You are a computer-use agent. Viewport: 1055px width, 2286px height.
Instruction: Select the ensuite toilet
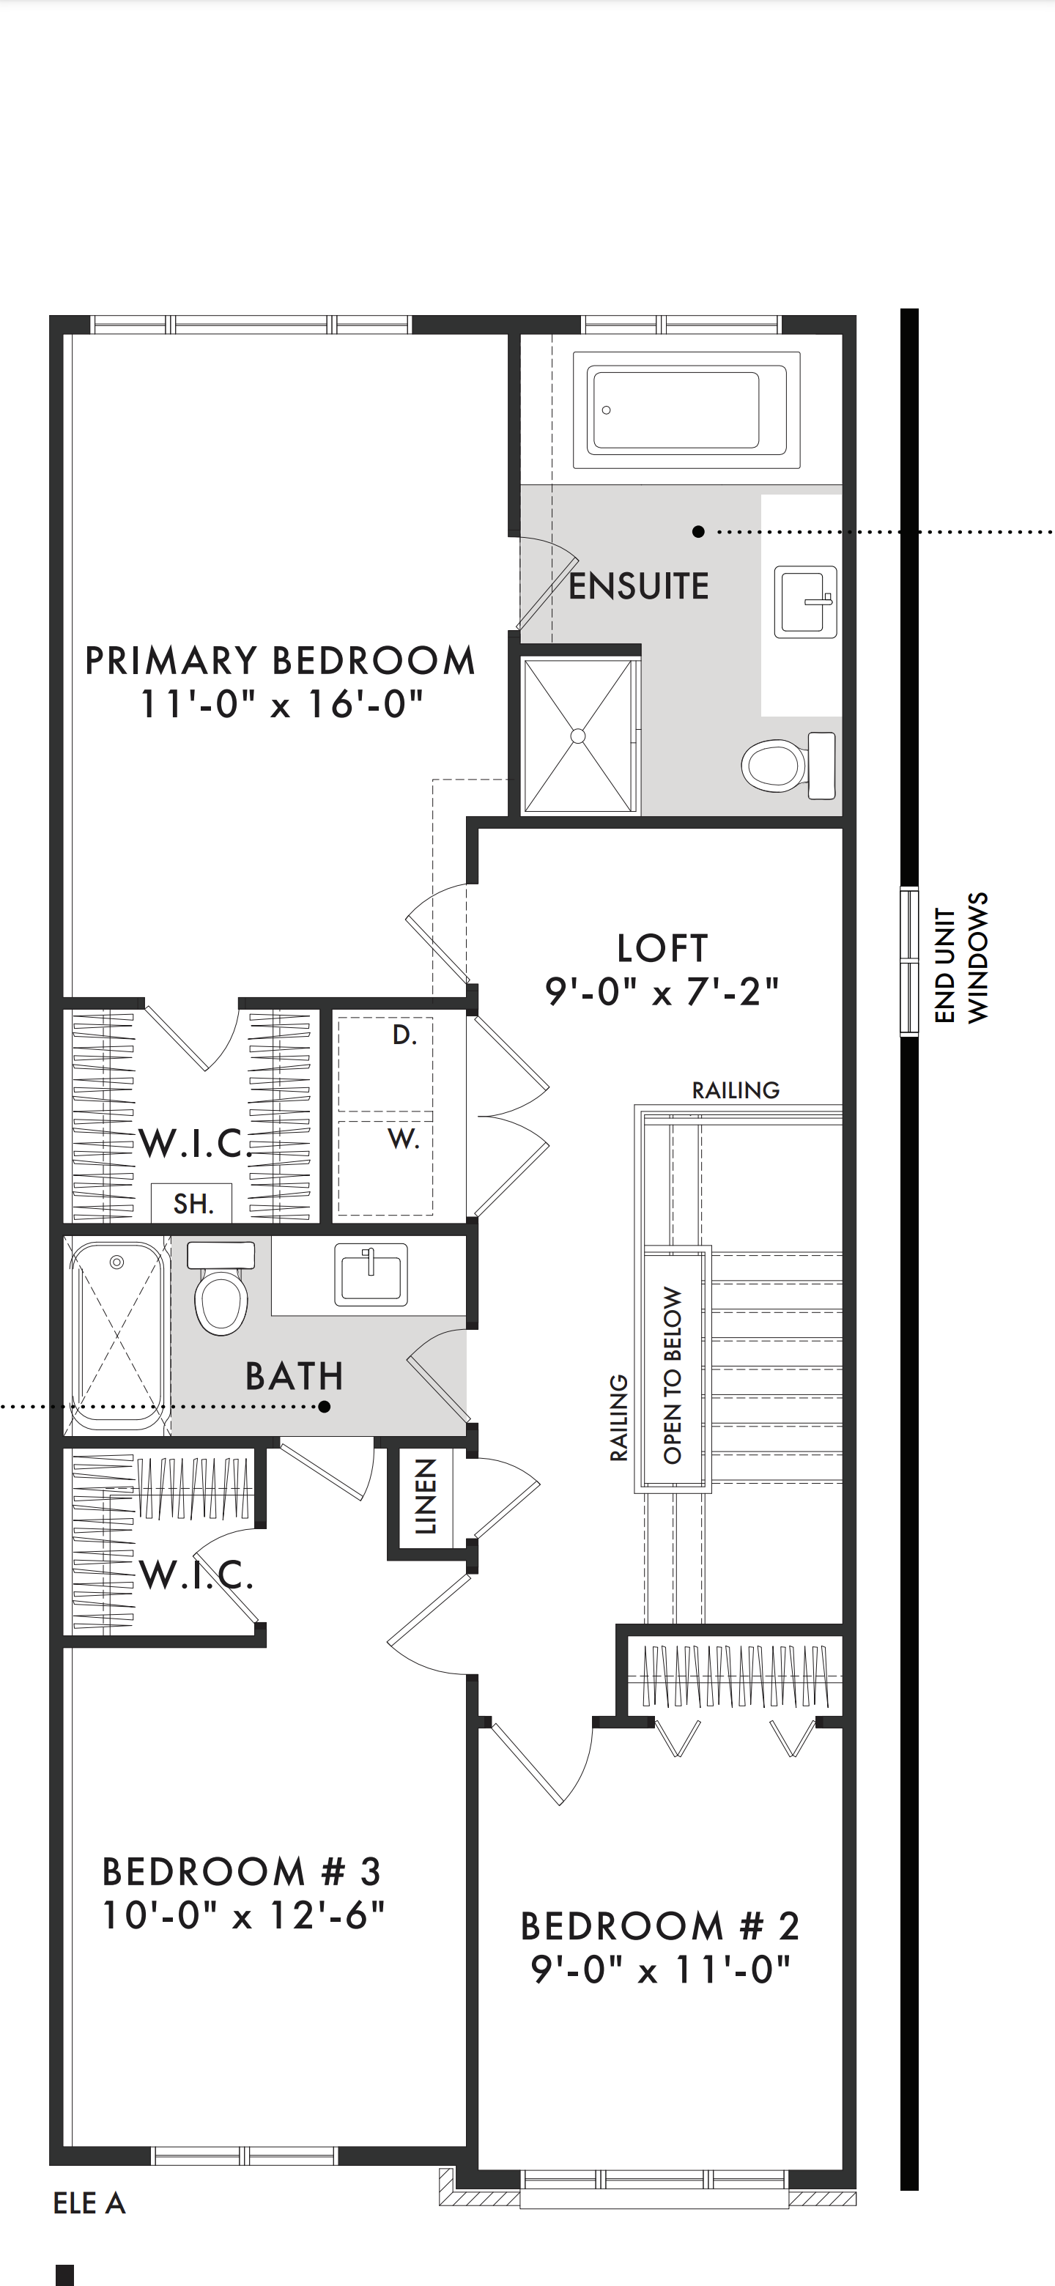point(788,764)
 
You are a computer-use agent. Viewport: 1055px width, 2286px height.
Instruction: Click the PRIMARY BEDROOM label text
point(281,661)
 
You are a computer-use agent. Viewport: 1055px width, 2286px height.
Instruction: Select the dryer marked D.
point(385,1063)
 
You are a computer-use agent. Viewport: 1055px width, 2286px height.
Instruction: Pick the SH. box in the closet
point(192,1203)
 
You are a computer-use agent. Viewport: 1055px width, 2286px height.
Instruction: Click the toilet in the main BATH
point(222,1287)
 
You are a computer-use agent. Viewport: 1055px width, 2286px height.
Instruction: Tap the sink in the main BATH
point(371,1274)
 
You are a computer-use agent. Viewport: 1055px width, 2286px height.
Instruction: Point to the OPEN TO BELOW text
point(673,1375)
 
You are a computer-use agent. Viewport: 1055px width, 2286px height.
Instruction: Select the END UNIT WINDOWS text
point(961,958)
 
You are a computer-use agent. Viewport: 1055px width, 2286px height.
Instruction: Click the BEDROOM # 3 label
point(241,1871)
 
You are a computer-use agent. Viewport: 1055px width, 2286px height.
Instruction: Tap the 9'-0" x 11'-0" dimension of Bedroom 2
point(660,1969)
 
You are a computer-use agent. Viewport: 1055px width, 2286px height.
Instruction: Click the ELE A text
point(89,2203)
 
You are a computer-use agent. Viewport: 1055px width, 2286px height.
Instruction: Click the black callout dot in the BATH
point(325,1407)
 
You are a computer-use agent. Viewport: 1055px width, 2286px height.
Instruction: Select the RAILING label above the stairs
point(736,1090)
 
